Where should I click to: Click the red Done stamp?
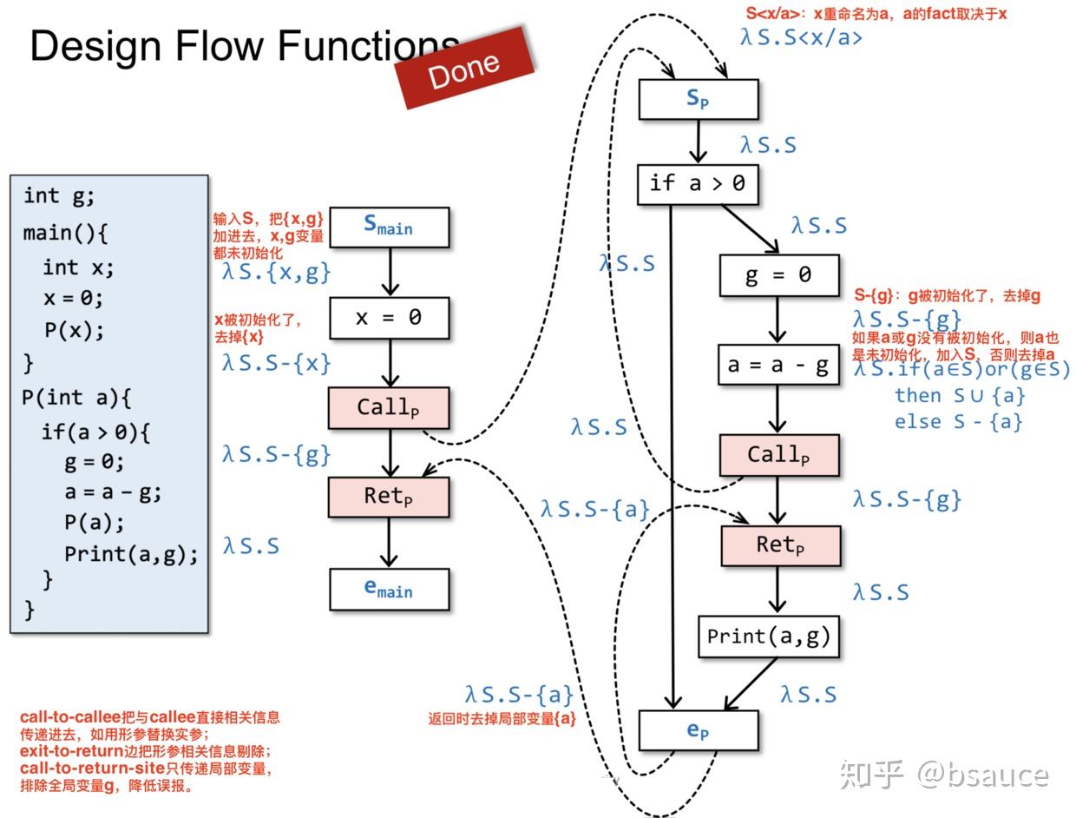pos(463,69)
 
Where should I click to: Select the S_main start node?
pos(389,228)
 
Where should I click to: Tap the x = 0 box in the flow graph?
pos(389,318)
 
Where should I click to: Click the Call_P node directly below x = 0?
pos(389,407)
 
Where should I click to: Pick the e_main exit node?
pos(389,590)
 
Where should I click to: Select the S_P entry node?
pos(699,99)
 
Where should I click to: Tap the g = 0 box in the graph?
pos(778,275)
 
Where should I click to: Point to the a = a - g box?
pos(778,366)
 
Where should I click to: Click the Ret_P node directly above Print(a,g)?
pos(780,545)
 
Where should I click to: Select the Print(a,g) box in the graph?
pos(769,637)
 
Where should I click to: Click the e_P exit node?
pos(699,731)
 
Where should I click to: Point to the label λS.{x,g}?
pos(277,272)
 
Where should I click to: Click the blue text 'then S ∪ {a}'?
pos(960,396)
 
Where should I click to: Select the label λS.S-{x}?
pos(277,362)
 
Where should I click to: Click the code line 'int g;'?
pos(59,196)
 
